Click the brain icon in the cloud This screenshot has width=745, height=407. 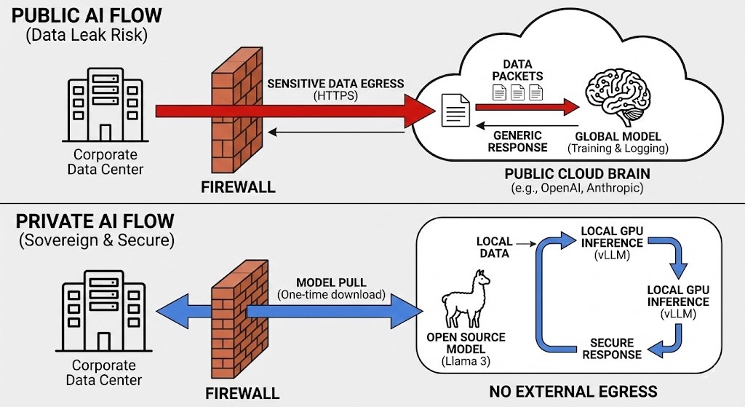(x=618, y=99)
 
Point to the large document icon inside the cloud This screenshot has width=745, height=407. (x=454, y=113)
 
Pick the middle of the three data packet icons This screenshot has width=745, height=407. (x=517, y=92)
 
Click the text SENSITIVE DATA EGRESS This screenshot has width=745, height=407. (x=335, y=83)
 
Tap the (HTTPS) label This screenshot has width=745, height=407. (x=335, y=95)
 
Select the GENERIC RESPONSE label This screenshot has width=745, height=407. (x=517, y=141)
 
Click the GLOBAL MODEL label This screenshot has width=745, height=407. (x=618, y=136)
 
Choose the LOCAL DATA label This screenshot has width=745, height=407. (x=495, y=248)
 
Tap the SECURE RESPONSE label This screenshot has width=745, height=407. (x=612, y=349)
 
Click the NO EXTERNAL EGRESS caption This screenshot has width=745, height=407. (x=573, y=392)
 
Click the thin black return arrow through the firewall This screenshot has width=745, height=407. (x=335, y=132)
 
